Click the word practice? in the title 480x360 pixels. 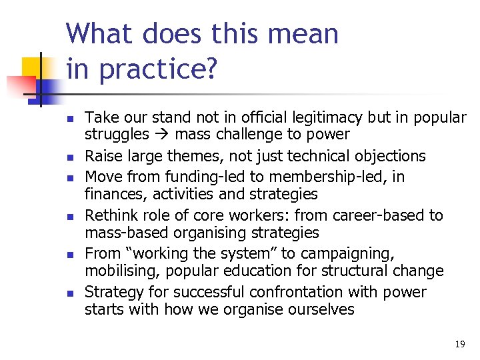(157, 69)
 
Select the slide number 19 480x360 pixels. (459, 344)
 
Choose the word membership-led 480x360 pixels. (335, 177)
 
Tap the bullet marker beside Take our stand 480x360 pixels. (70, 119)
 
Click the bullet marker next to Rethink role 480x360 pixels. (70, 216)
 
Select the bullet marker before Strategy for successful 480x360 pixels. (70, 293)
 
